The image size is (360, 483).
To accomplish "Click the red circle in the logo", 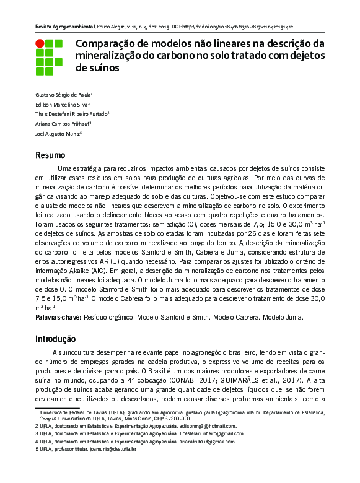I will pyautogui.click(x=40, y=44).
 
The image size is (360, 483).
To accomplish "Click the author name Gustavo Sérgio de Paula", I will pyautogui.click(x=63, y=95).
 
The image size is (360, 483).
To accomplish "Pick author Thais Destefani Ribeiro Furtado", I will pyautogui.click(x=71, y=114).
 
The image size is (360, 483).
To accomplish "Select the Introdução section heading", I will pyautogui.click(x=56, y=339).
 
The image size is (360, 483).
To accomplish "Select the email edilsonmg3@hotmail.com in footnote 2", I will pyautogui.click(x=206, y=426).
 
